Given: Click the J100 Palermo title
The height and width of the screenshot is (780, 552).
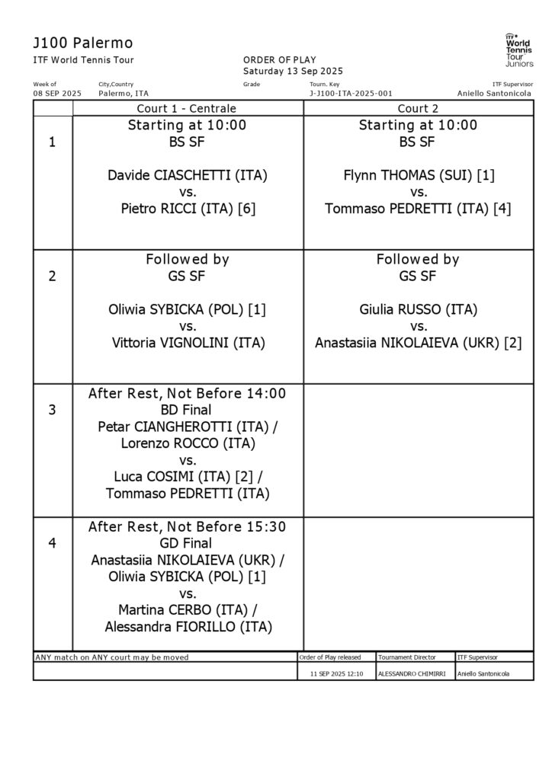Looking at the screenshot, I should pos(84,43).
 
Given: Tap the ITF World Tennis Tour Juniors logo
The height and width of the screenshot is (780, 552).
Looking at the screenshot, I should pos(519,50).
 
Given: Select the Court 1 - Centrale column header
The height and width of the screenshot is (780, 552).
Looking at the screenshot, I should pos(187,108).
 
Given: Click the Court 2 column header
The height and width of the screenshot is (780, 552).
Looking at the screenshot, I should pos(418,108).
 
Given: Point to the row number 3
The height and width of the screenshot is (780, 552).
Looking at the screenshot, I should pos(52,410).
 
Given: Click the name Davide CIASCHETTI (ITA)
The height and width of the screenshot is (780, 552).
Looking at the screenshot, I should pos(188,175).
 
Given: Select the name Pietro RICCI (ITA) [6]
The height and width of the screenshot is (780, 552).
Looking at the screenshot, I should pos(188,209).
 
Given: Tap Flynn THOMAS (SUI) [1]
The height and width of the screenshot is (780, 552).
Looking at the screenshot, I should pos(419,175).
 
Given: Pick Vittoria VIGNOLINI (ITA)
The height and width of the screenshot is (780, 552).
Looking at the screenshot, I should pos(188,343).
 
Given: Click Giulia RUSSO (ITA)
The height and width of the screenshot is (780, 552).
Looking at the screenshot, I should pos(419,309).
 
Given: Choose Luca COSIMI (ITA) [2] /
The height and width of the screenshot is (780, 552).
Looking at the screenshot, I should pos(188,477).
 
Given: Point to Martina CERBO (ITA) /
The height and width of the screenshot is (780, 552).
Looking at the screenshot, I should pos(188,610).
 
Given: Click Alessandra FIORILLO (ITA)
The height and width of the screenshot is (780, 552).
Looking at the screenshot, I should pos(188,627).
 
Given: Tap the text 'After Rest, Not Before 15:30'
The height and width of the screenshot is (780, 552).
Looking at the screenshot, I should pos(188,527).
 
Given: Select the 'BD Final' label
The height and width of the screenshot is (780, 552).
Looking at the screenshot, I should pos(188,410).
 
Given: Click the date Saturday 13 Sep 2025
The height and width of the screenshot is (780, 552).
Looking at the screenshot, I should pos(283,71).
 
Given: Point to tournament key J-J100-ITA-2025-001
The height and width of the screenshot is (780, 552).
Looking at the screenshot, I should pos(351,93).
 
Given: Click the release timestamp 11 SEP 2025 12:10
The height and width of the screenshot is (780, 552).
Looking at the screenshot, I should pos(336,674).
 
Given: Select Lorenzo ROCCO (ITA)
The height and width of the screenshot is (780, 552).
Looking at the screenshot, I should pos(188,443).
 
